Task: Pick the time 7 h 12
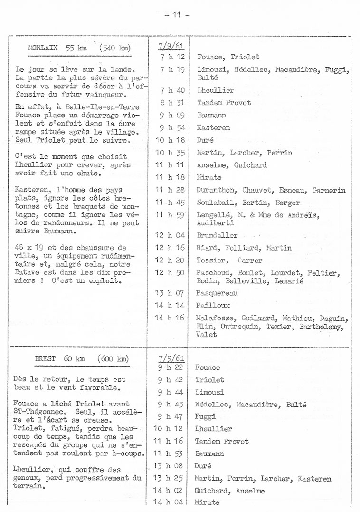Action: coord(169,57)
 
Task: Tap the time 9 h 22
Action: coord(169,367)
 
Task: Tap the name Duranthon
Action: coord(216,190)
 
